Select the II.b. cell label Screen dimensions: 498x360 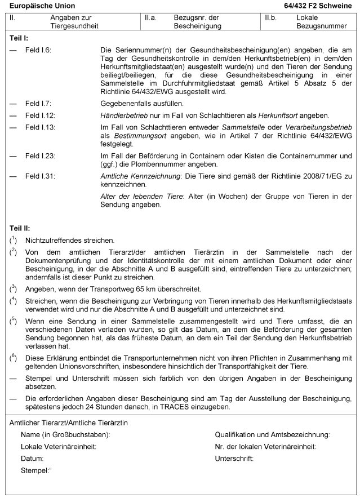pyautogui.click(x=272, y=18)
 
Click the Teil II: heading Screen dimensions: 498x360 pyautogui.click(x=20, y=228)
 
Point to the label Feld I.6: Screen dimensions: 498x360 pyautogui.click(x=38, y=50)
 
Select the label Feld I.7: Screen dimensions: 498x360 pyautogui.click(x=38, y=104)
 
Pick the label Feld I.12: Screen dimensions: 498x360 pyautogui.click(x=40, y=115)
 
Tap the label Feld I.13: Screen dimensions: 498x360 pyautogui.click(x=40, y=127)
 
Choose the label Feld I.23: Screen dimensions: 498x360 pyautogui.click(x=40, y=155)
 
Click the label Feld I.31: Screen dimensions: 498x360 pyautogui.click(x=40, y=176)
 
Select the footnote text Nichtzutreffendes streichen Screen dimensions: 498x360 pyautogui.click(x=69, y=240)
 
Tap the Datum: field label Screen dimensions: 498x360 pyautogui.click(x=32, y=459)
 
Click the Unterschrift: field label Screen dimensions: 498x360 pyautogui.click(x=234, y=459)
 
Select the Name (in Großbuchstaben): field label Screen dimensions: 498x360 pyautogui.click(x=65, y=435)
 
